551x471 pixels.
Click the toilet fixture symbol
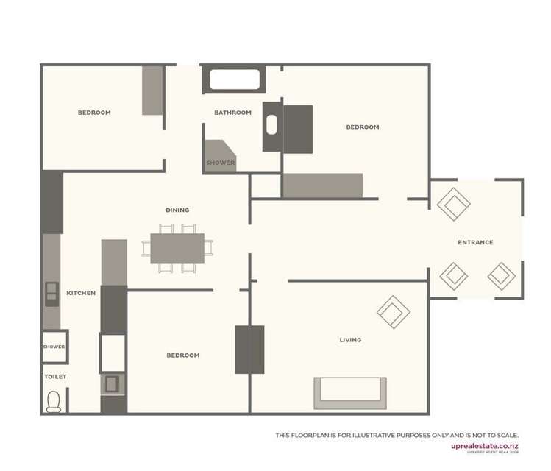coord(54,401)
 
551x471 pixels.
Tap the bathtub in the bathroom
coord(234,79)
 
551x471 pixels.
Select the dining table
coord(177,248)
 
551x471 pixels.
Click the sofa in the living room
coord(350,393)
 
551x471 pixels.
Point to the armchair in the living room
coord(393,312)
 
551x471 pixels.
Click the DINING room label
coord(177,210)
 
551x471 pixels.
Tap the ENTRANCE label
coord(475,242)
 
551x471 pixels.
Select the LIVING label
coord(350,340)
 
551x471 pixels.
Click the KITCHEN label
coord(81,293)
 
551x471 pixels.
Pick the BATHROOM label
coord(232,113)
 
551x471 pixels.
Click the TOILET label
coord(55,377)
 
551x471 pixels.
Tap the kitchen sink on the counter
coord(51,292)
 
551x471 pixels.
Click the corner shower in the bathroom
coord(220,157)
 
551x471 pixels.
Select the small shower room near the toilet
coord(54,347)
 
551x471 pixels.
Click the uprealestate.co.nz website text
coord(485,445)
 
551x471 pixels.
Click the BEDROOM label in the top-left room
coord(94,113)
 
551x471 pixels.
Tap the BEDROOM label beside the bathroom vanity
coord(363,127)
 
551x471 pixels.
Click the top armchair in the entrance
coord(453,204)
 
